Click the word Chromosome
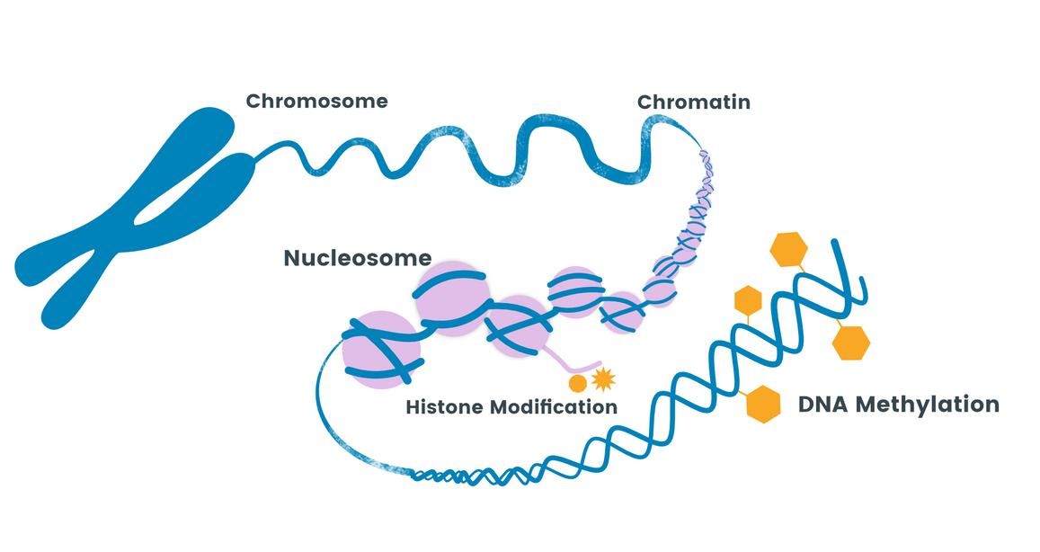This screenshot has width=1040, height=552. click(x=316, y=101)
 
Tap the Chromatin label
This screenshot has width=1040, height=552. click(x=693, y=102)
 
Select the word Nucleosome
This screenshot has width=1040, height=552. click(x=357, y=258)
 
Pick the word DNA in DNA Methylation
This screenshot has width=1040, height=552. click(x=822, y=405)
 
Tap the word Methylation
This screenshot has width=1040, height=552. click(x=927, y=405)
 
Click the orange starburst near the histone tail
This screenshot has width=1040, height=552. click(x=603, y=379)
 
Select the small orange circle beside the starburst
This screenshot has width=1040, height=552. click(x=579, y=384)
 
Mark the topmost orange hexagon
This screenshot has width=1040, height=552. click(x=790, y=249)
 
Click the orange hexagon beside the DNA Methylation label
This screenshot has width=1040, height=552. click(x=763, y=404)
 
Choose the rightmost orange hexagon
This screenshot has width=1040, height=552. click(x=851, y=342)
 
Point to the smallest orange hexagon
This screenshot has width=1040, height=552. click(x=748, y=299)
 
